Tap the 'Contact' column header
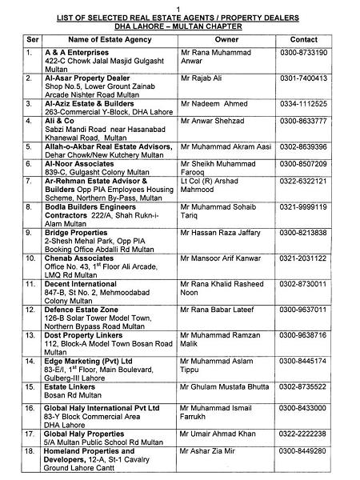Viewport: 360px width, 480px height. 303,38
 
